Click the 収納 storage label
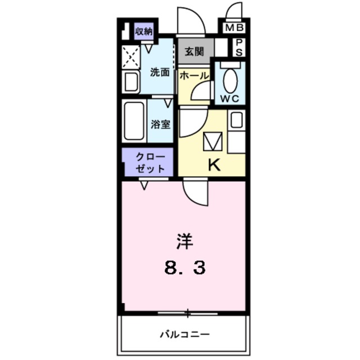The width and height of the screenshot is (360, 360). [x=144, y=31]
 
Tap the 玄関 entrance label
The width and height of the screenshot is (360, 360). [x=194, y=52]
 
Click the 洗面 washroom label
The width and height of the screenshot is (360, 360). [x=159, y=72]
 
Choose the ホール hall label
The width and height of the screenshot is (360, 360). [x=194, y=75]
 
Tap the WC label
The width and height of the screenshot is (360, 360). [x=230, y=98]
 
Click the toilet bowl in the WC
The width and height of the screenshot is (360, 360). [x=230, y=80]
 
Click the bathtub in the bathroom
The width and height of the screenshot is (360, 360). [x=133, y=121]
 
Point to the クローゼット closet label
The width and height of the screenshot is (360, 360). [x=150, y=163]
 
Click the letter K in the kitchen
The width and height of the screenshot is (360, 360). [x=214, y=165]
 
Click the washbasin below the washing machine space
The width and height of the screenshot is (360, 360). [x=131, y=83]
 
